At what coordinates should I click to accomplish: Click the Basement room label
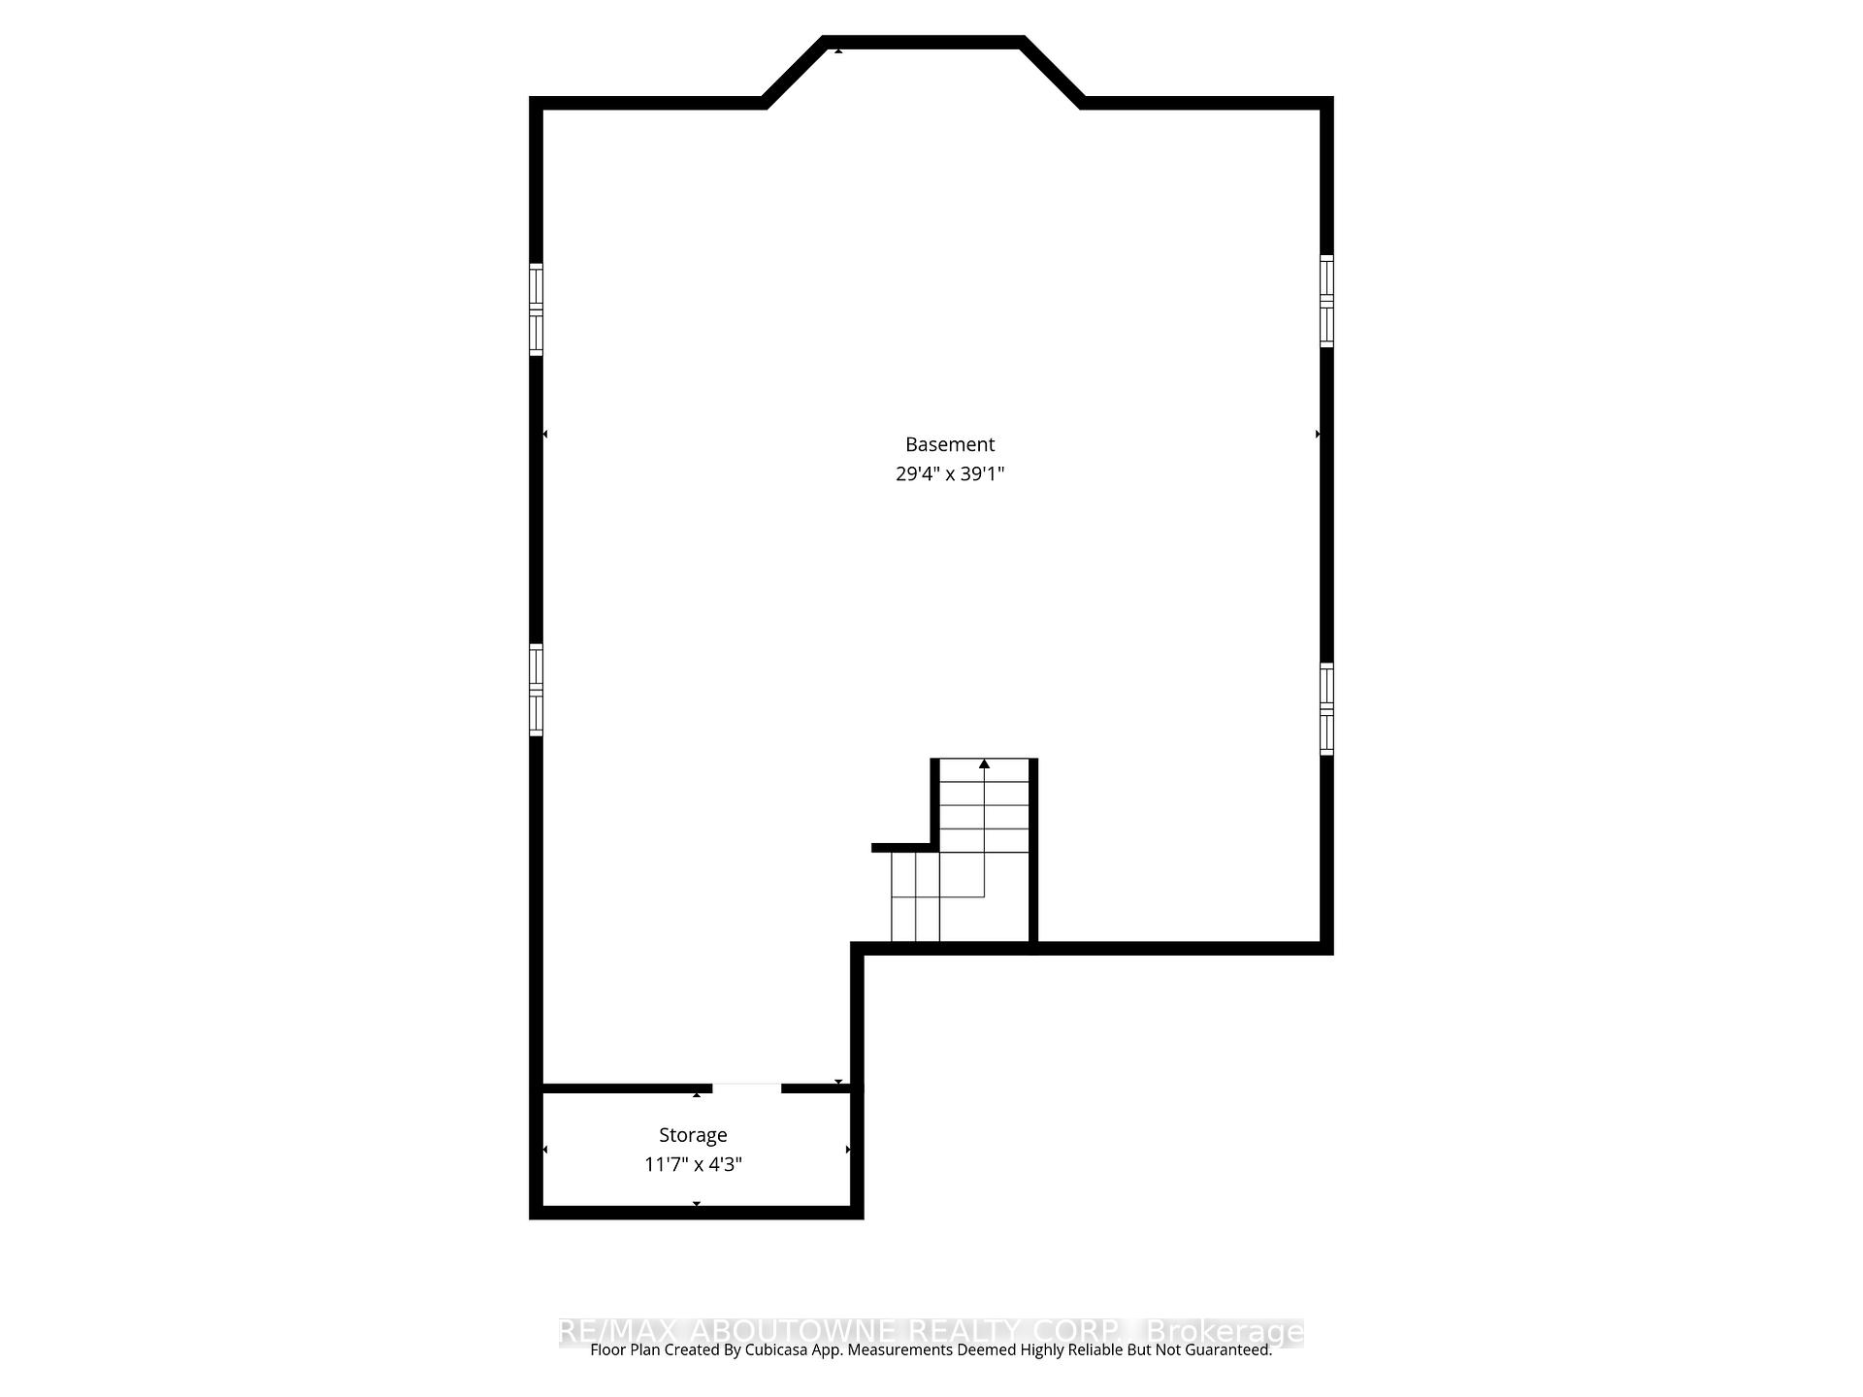(949, 444)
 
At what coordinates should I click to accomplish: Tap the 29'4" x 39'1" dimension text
(949, 474)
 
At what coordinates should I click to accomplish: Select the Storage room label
(693, 1135)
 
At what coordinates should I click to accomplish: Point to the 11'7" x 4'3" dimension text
(693, 1164)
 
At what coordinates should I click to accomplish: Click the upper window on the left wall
(536, 309)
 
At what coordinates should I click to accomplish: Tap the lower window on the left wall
(536, 690)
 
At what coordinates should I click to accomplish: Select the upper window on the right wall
(1326, 301)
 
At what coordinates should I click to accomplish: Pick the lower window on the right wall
(1326, 708)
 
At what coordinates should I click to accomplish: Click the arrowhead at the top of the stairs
(984, 764)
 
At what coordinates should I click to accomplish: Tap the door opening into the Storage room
(746, 1088)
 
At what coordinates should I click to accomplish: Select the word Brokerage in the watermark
(1225, 1331)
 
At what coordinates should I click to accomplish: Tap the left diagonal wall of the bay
(794, 72)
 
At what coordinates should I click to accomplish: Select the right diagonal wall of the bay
(1053, 72)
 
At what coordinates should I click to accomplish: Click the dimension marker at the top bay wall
(838, 49)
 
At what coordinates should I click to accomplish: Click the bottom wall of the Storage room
(696, 1212)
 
